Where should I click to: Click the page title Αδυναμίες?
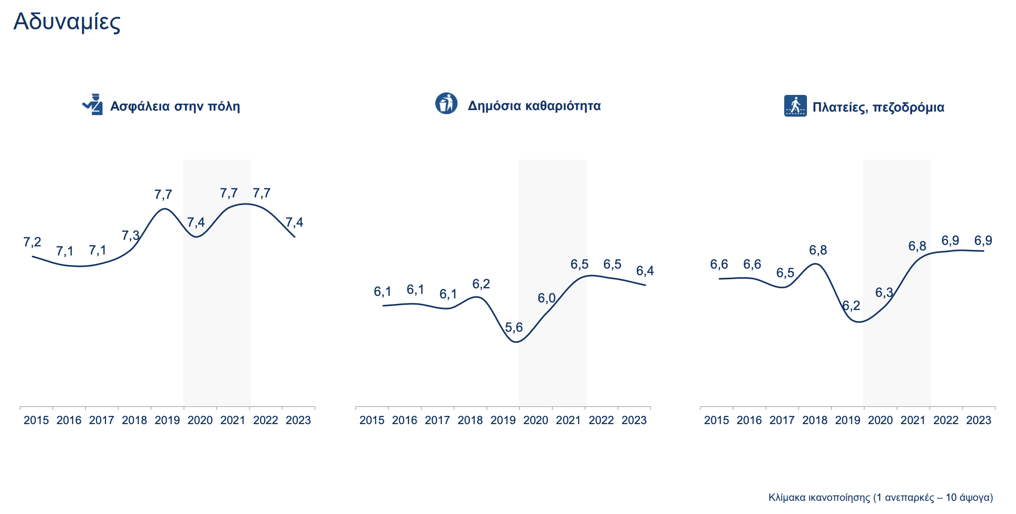coord(67,22)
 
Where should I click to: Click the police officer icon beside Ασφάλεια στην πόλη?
coord(93,105)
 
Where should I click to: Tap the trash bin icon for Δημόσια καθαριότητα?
coord(446,104)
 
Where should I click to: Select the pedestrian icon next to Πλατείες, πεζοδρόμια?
coord(795,106)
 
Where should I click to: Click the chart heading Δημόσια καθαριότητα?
coord(534,106)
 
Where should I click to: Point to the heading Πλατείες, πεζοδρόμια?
coord(878,107)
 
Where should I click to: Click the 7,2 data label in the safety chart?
coord(32,242)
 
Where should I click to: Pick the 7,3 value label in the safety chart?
coord(130,236)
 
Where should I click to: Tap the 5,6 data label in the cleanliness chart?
coord(514,328)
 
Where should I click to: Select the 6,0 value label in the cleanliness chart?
coord(546,298)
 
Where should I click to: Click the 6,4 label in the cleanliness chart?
coord(645,271)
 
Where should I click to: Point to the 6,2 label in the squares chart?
coord(851,305)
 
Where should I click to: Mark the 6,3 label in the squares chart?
coord(884,293)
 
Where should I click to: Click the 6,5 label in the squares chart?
coord(785,273)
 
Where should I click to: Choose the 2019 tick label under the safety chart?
coord(167,420)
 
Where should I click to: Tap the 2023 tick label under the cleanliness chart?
coord(634,420)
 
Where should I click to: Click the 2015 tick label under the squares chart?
coord(716,420)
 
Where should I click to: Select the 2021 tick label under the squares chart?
coord(913,420)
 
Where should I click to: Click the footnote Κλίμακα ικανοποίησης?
coord(880,497)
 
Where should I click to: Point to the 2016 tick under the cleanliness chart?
coord(404,420)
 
